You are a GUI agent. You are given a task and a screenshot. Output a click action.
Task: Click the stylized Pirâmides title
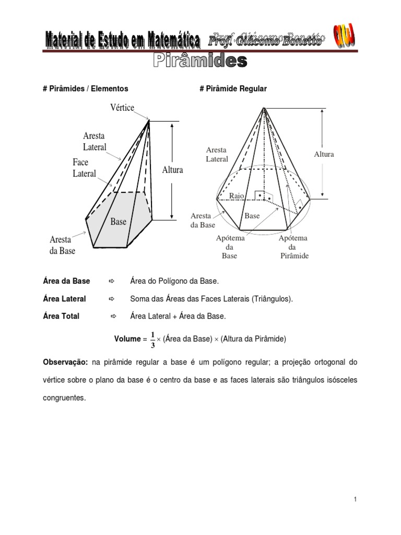pyautogui.click(x=200, y=61)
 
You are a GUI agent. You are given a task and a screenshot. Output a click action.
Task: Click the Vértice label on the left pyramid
pyautogui.click(x=122, y=108)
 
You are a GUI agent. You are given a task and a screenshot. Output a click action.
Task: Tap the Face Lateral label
pyautogui.click(x=84, y=168)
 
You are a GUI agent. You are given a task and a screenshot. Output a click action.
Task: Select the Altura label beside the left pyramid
pyautogui.click(x=172, y=170)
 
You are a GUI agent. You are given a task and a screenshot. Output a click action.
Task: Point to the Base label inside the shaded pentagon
pyautogui.click(x=119, y=222)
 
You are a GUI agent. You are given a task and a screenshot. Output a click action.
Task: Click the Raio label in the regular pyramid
pyautogui.click(x=237, y=195)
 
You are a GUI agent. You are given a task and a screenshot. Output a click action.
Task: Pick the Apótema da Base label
pyautogui.click(x=230, y=247)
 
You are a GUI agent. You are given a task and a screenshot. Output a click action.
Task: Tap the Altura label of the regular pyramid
pyautogui.click(x=324, y=154)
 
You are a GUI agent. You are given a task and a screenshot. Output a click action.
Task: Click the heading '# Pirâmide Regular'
pyautogui.click(x=233, y=89)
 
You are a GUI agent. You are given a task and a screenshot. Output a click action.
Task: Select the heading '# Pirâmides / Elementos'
pyautogui.click(x=85, y=89)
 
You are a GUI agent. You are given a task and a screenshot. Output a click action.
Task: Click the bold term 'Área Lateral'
pyautogui.click(x=64, y=299)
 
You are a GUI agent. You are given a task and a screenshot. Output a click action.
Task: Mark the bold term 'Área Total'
pyautogui.click(x=61, y=316)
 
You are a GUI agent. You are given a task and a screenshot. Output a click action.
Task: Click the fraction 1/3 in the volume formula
pyautogui.click(x=153, y=339)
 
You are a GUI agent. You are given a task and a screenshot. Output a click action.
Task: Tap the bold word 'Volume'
pyautogui.click(x=127, y=339)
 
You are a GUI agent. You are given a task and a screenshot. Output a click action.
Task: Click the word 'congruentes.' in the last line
pyautogui.click(x=63, y=398)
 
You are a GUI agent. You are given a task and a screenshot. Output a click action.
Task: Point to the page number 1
pyautogui.click(x=355, y=500)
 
